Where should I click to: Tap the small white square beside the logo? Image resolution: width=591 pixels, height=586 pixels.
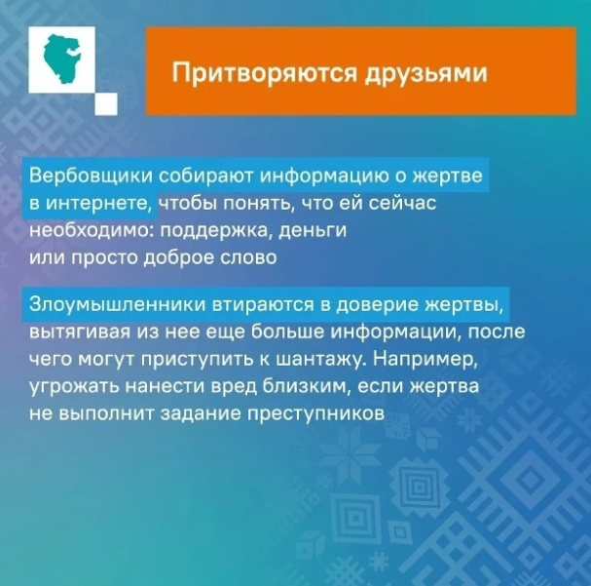108,103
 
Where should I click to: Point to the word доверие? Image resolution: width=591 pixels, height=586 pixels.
364,305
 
